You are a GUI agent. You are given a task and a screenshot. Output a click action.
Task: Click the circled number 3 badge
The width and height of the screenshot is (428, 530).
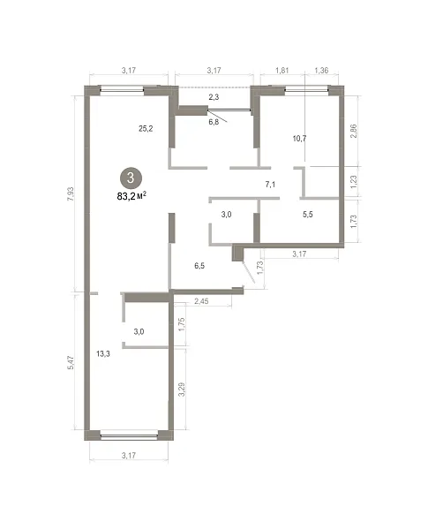(131, 178)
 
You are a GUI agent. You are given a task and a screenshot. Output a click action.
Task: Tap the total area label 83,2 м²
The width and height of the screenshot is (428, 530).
(131, 196)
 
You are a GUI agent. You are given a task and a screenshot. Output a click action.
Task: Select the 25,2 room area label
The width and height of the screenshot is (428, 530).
(146, 128)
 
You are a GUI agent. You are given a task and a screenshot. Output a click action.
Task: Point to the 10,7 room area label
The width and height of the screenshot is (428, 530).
(300, 139)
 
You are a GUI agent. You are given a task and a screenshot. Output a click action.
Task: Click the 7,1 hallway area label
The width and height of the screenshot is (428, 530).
(270, 185)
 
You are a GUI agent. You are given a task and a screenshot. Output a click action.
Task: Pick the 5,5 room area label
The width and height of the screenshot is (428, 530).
(308, 215)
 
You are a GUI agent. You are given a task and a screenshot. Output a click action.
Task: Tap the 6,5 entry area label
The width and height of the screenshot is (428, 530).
(199, 266)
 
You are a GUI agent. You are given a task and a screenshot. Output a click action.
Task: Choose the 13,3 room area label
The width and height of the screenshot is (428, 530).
(103, 354)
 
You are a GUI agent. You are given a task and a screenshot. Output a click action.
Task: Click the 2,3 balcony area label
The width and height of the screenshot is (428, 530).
(214, 97)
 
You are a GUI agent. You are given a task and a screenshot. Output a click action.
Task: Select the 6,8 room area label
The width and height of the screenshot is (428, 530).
(214, 122)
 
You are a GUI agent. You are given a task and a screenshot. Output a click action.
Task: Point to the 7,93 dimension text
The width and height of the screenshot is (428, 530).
(71, 194)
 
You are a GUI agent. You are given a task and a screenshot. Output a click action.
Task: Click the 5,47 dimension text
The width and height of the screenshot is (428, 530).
(71, 362)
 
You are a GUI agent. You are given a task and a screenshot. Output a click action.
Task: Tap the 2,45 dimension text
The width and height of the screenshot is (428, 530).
(201, 301)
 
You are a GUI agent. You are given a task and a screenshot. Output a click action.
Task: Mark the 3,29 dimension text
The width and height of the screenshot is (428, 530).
(182, 389)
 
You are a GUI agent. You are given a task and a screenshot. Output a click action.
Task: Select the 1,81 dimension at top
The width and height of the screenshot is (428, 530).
(282, 71)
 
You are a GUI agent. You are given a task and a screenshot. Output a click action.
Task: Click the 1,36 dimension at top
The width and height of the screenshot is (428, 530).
(321, 71)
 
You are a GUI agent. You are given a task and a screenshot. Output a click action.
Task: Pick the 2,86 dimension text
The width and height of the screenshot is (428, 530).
(353, 131)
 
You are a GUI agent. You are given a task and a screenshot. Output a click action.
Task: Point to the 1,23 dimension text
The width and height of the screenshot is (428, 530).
(353, 182)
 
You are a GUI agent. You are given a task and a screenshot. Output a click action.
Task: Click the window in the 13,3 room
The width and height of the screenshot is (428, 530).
(129, 435)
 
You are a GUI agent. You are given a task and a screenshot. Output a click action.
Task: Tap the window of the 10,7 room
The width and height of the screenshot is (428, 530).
(306, 89)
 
